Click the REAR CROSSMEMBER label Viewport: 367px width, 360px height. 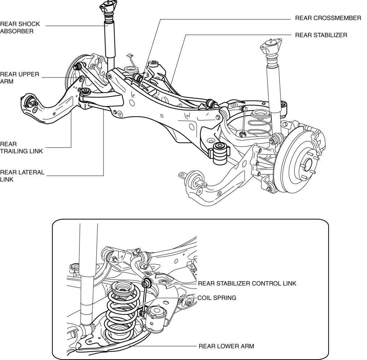point(328,18)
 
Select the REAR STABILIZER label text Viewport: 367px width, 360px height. point(321,35)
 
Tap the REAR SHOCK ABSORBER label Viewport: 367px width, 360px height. point(20,28)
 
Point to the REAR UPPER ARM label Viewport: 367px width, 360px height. point(20,78)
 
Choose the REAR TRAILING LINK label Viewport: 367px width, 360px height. point(21,148)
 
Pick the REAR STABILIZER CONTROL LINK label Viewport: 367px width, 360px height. point(247,284)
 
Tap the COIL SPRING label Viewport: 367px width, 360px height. point(217,298)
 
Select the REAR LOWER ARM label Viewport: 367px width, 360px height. point(226,346)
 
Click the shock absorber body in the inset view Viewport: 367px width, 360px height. point(88,275)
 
